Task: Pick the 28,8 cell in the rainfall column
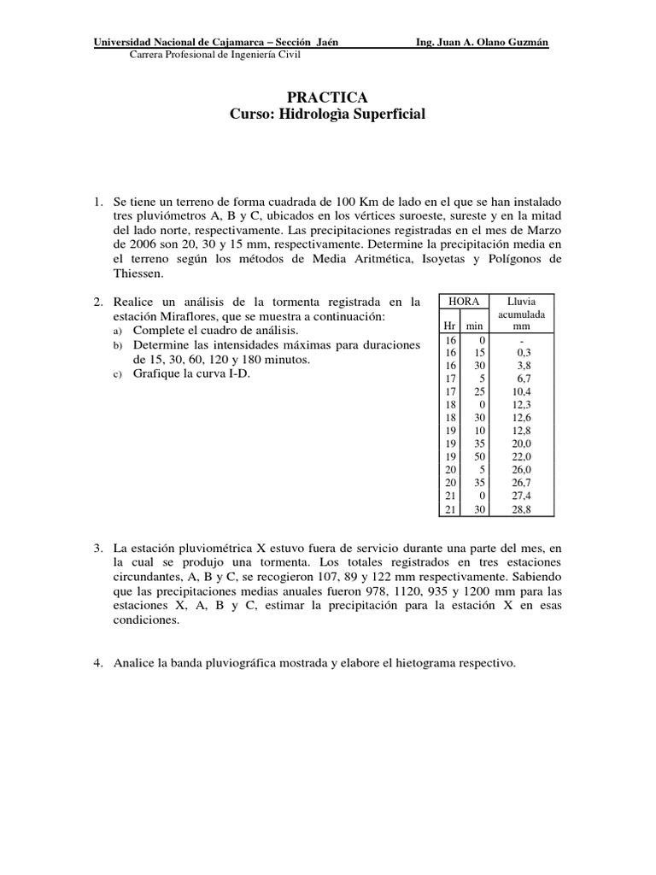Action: [520, 509]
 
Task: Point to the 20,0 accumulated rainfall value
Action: [520, 444]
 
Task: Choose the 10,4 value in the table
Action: [520, 391]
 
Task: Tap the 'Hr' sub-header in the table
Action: [449, 326]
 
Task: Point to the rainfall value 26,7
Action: [520, 484]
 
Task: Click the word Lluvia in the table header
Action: [521, 302]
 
